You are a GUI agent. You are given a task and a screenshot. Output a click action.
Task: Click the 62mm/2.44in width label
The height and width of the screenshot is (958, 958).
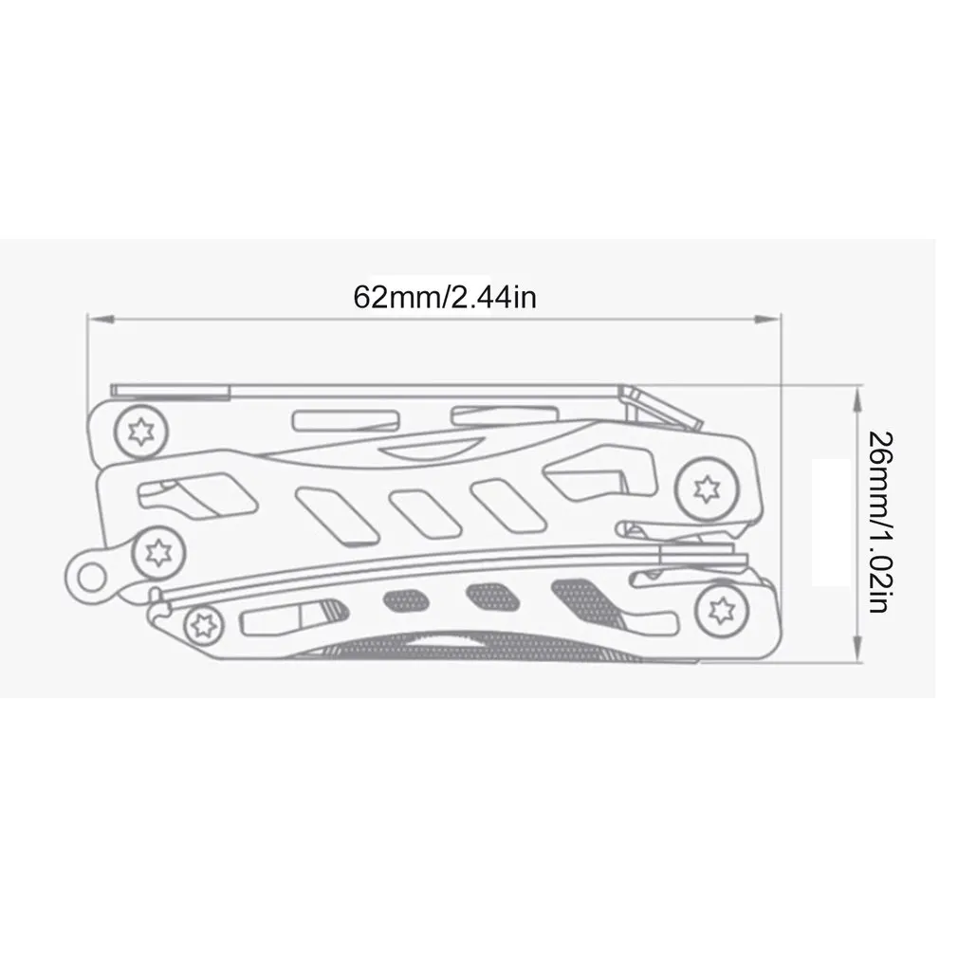(445, 297)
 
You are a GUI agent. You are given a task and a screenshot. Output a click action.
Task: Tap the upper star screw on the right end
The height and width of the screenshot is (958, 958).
(704, 488)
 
